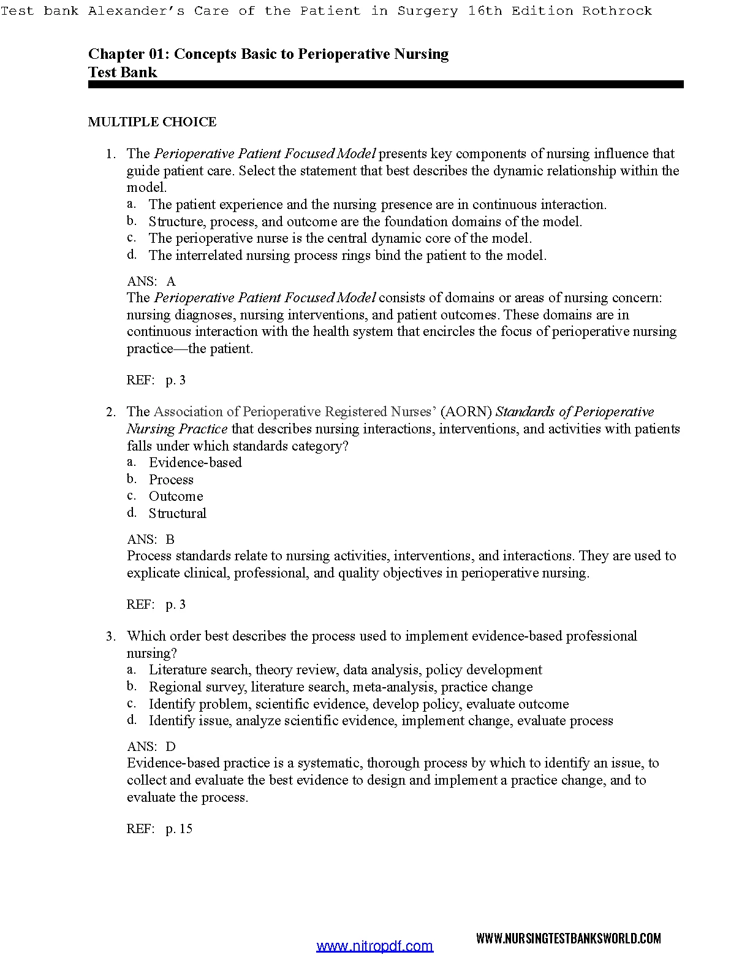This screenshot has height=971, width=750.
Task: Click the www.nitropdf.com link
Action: pos(374,946)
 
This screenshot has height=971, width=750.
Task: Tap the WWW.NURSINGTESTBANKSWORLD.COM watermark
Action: pos(569,939)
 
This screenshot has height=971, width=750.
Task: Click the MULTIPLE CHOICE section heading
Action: pos(152,122)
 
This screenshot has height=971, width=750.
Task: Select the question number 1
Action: pos(110,154)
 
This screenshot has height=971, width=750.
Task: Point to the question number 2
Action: pos(110,412)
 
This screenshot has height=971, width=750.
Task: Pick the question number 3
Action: pos(110,636)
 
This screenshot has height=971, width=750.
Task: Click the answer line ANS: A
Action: pos(151,281)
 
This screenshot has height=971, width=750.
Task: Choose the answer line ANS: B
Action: pos(151,539)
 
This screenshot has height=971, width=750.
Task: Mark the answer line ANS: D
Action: pos(151,747)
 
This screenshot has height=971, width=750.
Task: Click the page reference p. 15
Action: pos(179,829)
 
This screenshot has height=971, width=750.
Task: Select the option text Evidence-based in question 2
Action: pos(195,463)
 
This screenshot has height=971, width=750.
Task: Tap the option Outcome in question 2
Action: pos(176,497)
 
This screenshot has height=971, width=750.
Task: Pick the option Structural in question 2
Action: pos(178,514)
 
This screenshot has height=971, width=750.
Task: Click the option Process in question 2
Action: pos(171,480)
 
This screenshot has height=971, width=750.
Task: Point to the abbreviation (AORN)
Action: pos(466,412)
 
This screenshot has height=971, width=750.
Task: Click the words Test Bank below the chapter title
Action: pos(123,72)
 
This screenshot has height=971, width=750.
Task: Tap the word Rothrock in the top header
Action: pos(617,11)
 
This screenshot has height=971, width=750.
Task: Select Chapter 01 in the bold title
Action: pos(126,54)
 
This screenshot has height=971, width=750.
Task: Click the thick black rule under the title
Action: pos(385,85)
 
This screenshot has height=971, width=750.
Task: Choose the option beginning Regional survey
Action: pos(341,687)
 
